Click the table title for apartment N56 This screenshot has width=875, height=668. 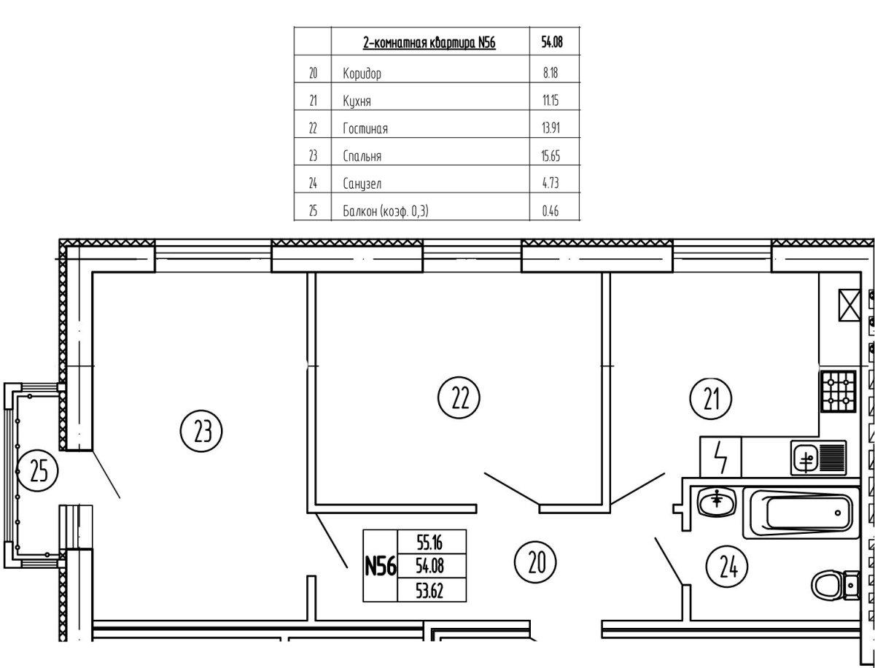(429, 43)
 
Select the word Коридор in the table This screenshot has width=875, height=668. (362, 73)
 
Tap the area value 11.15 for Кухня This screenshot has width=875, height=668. (551, 101)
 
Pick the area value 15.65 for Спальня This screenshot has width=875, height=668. (551, 156)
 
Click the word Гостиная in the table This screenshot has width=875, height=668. (365, 128)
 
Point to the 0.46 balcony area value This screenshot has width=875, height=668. (551, 211)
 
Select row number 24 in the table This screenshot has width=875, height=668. (314, 184)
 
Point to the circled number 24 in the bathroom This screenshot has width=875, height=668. (727, 567)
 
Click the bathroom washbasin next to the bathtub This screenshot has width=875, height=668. (718, 521)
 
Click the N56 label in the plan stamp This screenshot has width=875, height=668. (380, 565)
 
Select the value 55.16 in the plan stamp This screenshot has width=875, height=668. (429, 541)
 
